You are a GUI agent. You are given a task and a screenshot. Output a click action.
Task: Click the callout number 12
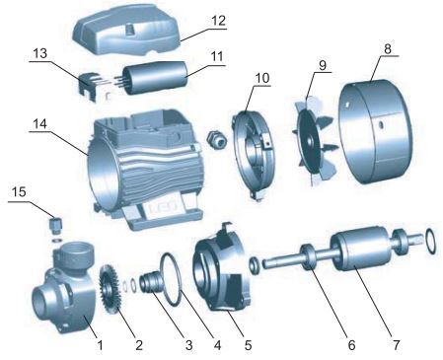(219, 21)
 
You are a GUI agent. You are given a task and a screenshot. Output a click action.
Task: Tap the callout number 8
(388, 48)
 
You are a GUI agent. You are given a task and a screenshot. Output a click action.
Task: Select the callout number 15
(19, 192)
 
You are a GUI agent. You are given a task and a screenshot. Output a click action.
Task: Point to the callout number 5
(248, 345)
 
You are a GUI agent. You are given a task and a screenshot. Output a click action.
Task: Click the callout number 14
(39, 124)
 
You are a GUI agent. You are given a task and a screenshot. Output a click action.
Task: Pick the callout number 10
(262, 78)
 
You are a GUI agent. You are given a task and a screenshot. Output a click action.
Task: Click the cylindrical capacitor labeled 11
(156, 78)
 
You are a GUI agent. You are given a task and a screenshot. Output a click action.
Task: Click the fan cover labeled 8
(376, 131)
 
